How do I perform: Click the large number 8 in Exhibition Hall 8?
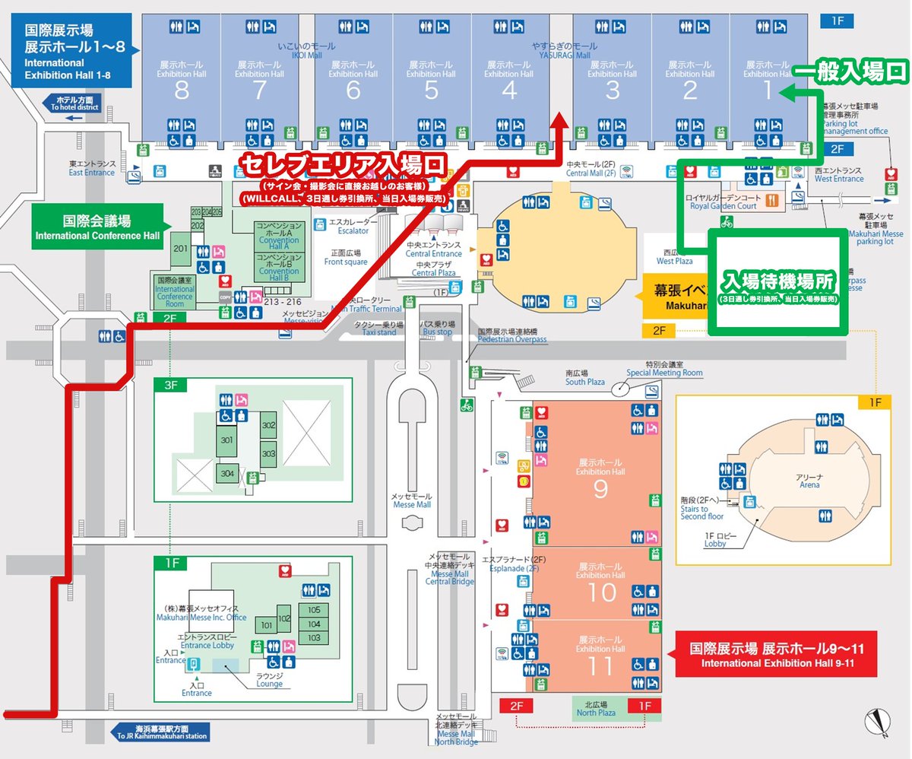(x=181, y=91)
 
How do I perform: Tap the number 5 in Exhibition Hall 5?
(x=431, y=91)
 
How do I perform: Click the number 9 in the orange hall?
(x=600, y=489)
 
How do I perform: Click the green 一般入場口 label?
(x=851, y=72)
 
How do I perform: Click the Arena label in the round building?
(x=809, y=480)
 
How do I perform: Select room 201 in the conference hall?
(x=181, y=249)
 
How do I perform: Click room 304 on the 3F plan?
(x=227, y=473)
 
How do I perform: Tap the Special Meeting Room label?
(x=664, y=369)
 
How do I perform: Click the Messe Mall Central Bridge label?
(x=451, y=569)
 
